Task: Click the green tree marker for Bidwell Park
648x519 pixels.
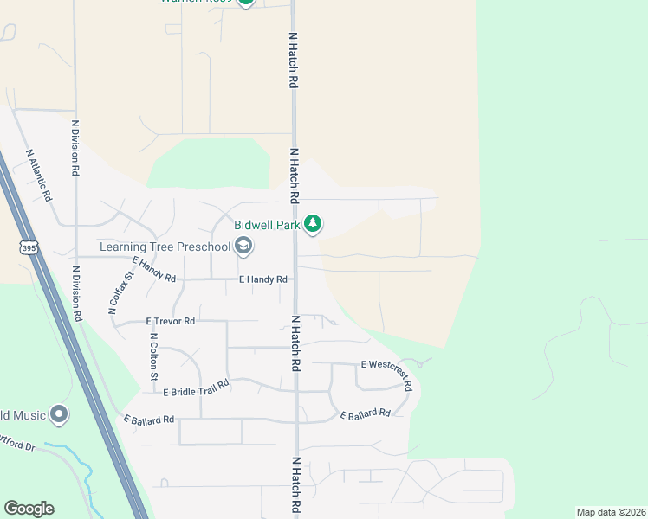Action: tap(313, 224)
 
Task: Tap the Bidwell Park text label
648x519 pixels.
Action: tap(267, 225)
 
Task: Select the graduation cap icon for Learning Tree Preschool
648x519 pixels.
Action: tap(243, 247)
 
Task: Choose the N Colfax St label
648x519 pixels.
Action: tap(120, 292)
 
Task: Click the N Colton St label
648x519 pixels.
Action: tap(153, 356)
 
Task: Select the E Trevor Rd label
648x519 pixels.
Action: tap(171, 321)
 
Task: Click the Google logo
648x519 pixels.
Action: tap(29, 509)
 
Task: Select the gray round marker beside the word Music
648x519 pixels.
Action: tap(59, 414)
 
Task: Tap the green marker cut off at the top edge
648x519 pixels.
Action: tap(245, 2)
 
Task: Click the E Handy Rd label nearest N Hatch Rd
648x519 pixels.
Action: tap(262, 280)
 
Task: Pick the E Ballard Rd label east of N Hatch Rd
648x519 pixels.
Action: tap(365, 415)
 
